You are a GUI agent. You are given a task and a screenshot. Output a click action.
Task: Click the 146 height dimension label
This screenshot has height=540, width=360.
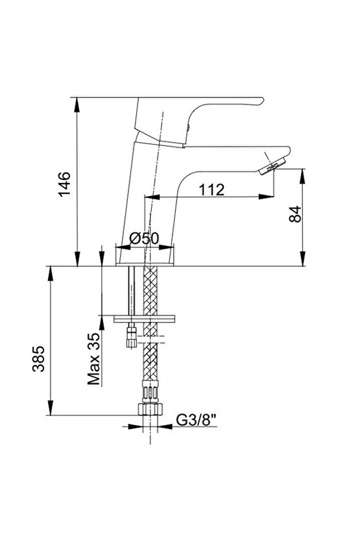pos(64,184)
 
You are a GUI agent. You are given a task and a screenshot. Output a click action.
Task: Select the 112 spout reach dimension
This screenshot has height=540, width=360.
pos(211,190)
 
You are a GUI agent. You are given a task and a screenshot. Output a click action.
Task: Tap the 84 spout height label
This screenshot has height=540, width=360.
pos(295,214)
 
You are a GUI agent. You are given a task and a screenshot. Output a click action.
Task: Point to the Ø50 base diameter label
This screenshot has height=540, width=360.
pos(144,238)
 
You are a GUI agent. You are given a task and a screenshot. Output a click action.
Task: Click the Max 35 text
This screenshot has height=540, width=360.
pos(93,358)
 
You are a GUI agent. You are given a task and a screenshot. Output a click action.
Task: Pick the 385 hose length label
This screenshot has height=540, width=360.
pos(38,359)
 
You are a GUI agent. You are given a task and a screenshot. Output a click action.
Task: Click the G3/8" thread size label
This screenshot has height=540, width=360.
pos(196,420)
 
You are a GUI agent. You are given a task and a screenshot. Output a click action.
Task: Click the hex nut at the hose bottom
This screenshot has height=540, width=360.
pos(150,408)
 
